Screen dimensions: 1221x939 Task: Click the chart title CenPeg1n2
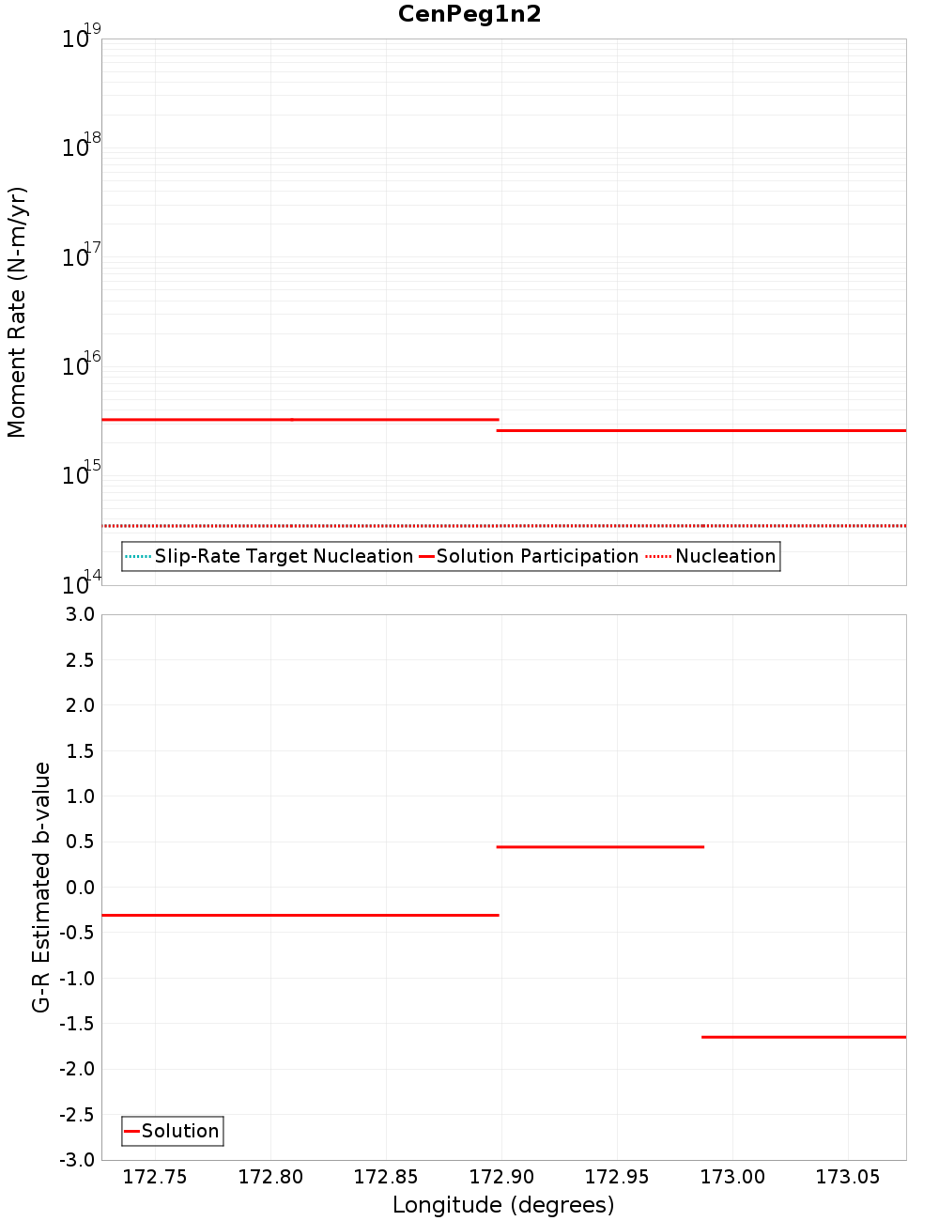[469, 14]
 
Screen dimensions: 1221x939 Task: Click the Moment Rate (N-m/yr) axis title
[17, 312]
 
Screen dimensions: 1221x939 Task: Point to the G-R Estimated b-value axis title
[41, 887]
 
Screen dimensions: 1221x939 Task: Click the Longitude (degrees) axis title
[503, 1205]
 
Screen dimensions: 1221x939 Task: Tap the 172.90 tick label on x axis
[501, 1177]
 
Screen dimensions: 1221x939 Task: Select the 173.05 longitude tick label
[848, 1177]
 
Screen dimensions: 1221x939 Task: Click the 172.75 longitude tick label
[155, 1177]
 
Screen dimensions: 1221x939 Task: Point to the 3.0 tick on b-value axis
[80, 614]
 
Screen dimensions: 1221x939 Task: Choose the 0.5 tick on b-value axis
[80, 842]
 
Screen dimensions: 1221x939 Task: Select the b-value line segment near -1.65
[804, 1037]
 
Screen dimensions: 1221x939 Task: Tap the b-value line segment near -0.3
[300, 915]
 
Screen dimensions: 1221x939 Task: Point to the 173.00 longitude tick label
[732, 1177]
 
